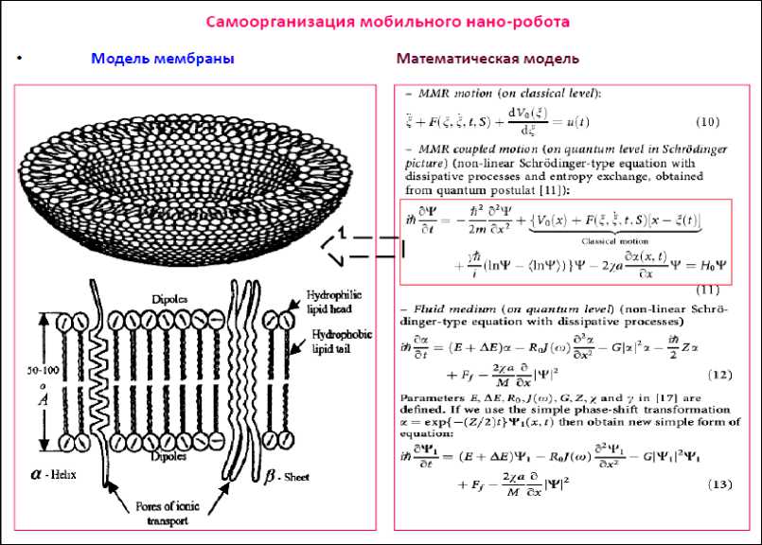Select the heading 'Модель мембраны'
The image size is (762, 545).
tap(163, 59)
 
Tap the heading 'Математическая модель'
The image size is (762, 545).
tap(487, 59)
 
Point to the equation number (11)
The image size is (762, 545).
tap(708, 289)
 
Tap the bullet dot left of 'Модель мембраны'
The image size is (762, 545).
tap(20, 60)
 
